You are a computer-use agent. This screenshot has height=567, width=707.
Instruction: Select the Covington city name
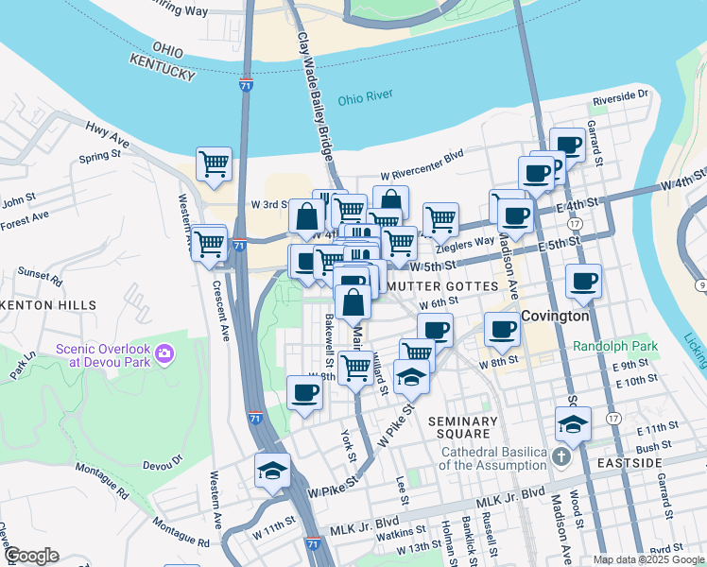pyautogui.click(x=555, y=316)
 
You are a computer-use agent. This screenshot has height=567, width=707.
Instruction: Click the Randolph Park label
pyautogui.click(x=614, y=346)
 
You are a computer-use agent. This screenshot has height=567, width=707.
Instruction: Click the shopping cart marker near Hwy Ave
pyautogui.click(x=215, y=163)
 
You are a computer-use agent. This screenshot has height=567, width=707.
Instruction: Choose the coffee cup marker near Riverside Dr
pyautogui.click(x=567, y=146)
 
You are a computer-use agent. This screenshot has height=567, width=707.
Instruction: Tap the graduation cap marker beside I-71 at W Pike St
pyautogui.click(x=272, y=471)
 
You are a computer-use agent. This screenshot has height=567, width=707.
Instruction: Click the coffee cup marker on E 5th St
pyautogui.click(x=582, y=281)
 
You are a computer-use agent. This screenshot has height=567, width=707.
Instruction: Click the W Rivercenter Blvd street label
pyautogui.click(x=423, y=176)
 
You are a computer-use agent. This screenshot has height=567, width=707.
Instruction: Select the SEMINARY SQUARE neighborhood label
pyautogui.click(x=462, y=428)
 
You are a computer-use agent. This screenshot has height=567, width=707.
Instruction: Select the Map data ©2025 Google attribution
pyautogui.click(x=648, y=559)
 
